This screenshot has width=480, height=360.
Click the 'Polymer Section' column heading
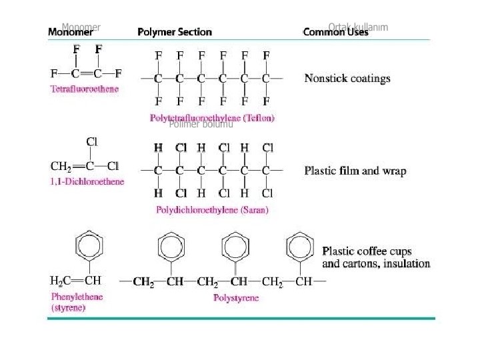point(174,32)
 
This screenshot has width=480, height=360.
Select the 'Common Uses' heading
point(335,32)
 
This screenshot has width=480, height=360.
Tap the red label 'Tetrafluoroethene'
point(85,89)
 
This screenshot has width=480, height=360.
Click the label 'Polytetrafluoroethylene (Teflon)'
point(212,118)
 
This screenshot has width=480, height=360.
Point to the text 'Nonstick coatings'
point(347,79)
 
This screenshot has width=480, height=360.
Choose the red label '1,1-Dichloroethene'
point(87,181)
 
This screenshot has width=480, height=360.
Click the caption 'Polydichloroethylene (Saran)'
point(212,210)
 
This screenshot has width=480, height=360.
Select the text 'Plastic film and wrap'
point(355,171)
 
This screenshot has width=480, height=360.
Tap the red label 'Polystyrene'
point(236,298)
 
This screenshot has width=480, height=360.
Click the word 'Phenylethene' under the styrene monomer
point(77,297)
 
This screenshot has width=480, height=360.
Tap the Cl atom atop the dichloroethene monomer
point(92,141)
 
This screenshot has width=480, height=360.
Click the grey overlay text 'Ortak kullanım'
point(358,27)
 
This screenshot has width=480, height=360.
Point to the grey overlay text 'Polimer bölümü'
point(201,124)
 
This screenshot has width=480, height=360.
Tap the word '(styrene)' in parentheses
point(68,308)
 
